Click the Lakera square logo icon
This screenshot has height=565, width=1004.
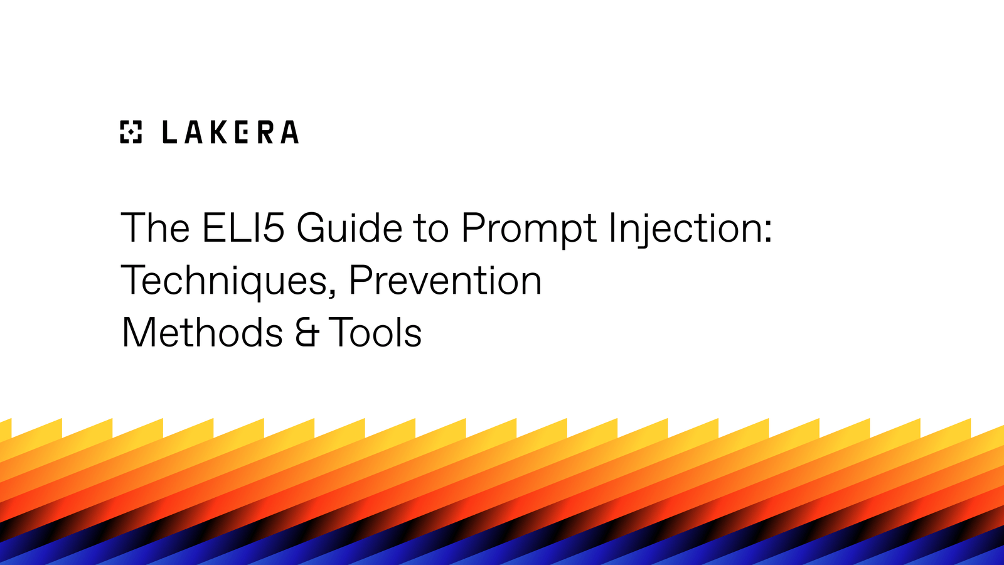[131, 132]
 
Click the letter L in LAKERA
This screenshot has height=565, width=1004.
[169, 132]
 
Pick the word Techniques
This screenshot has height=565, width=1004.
[222, 281]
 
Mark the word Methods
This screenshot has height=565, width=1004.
[202, 333]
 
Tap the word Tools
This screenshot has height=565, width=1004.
[375, 333]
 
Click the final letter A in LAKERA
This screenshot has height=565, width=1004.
[289, 132]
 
